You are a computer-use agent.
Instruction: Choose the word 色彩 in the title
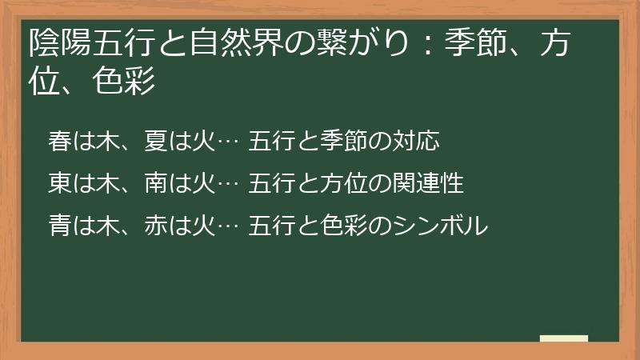click(x=124, y=82)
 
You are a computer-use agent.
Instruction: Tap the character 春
click(x=60, y=141)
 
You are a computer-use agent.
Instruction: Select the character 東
click(x=60, y=183)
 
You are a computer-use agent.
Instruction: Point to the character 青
click(x=60, y=226)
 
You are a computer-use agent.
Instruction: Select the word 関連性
click(x=430, y=183)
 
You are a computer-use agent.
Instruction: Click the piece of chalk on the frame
click(x=564, y=339)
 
